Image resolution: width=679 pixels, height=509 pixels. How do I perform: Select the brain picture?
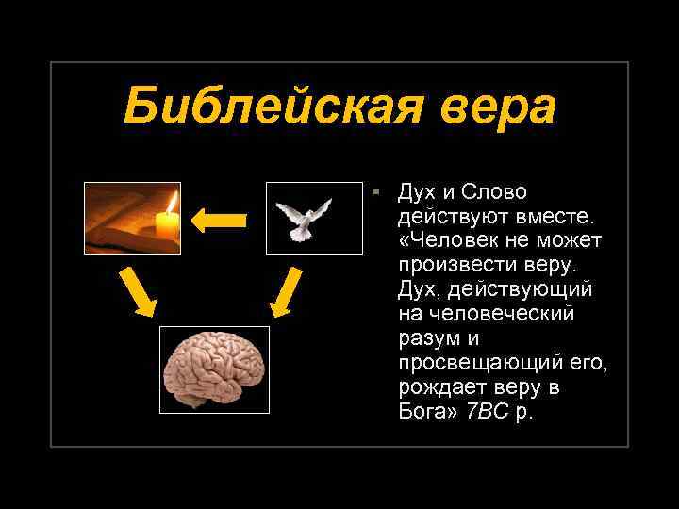(x=214, y=369)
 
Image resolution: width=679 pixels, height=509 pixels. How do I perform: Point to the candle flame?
(x=172, y=202)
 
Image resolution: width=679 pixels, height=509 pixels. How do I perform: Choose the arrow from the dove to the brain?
(x=284, y=290)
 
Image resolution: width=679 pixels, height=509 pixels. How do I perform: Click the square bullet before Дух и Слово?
(x=375, y=191)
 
